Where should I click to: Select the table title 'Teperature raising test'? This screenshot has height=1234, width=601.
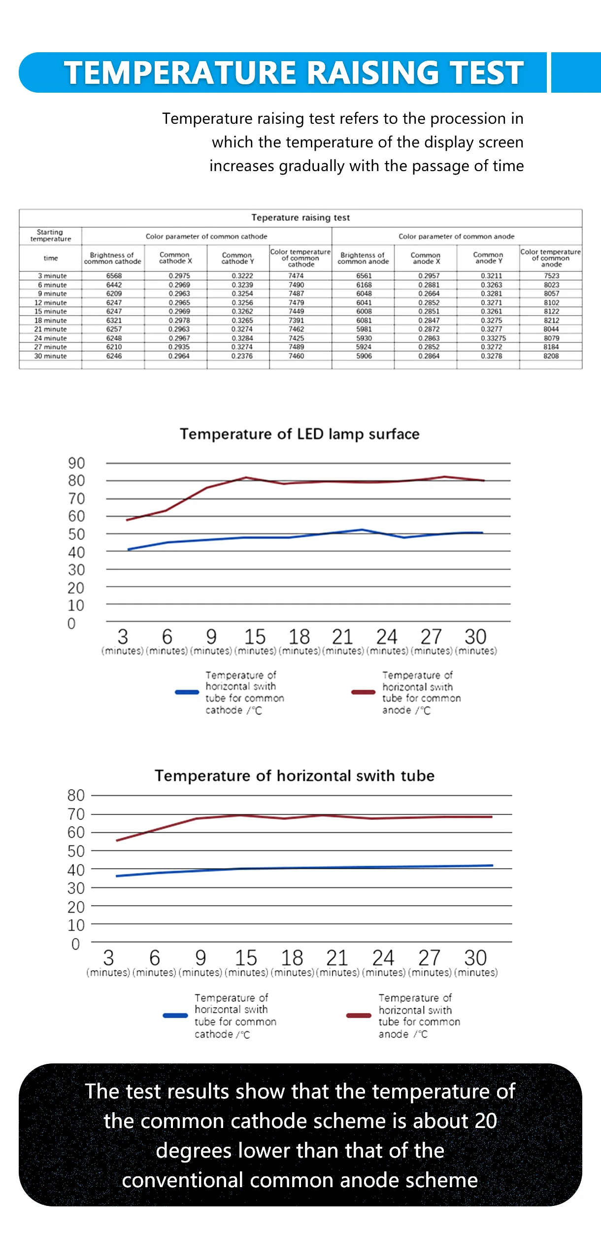(300, 217)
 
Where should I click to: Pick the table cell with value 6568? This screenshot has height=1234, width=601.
(114, 276)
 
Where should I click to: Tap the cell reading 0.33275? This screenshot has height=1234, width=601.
(493, 338)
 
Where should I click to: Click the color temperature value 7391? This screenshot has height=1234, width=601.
(296, 320)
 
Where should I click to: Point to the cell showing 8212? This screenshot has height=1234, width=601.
(551, 320)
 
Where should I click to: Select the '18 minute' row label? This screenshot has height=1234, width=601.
(50, 320)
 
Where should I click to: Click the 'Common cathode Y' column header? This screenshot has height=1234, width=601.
(237, 258)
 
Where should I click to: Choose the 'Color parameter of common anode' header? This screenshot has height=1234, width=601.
(456, 237)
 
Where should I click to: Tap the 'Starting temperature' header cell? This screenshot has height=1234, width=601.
(50, 235)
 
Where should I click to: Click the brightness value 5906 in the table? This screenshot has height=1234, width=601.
(364, 356)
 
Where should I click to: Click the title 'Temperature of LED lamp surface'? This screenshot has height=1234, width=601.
(300, 434)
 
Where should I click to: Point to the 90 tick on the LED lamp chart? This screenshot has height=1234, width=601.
(76, 463)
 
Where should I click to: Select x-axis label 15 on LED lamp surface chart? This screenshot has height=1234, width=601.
(255, 636)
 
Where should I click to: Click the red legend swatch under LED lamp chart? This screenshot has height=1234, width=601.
(363, 692)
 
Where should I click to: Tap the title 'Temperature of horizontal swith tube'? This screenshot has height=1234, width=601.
(295, 776)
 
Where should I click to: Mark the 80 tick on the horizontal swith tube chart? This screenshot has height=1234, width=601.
(76, 795)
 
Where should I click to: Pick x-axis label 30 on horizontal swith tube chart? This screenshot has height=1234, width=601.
(475, 957)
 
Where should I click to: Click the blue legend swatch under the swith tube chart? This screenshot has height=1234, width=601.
(175, 1015)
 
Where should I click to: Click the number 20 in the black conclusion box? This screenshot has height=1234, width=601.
(486, 1121)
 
